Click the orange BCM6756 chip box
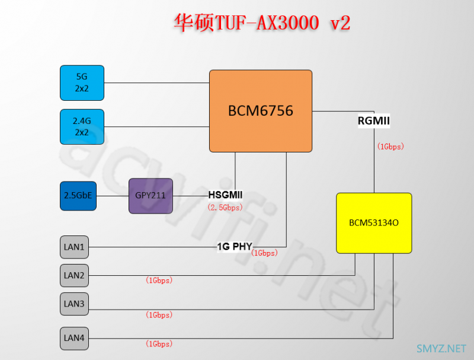click(x=260, y=111)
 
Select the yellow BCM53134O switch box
click(x=373, y=222)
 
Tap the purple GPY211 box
click(x=150, y=196)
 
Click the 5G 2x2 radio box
click(x=82, y=82)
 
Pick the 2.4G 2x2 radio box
click(x=82, y=126)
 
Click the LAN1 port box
click(x=74, y=246)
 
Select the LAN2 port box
click(x=74, y=275)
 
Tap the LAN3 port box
click(x=74, y=304)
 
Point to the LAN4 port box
click(x=74, y=338)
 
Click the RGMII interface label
click(x=373, y=121)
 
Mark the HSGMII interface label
click(x=225, y=195)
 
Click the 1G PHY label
click(x=235, y=246)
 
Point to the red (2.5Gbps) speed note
click(x=225, y=208)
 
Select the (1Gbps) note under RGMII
click(x=390, y=146)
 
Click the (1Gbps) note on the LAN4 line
click(x=158, y=343)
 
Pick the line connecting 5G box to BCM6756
click(x=156, y=82)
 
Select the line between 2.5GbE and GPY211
click(x=113, y=196)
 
